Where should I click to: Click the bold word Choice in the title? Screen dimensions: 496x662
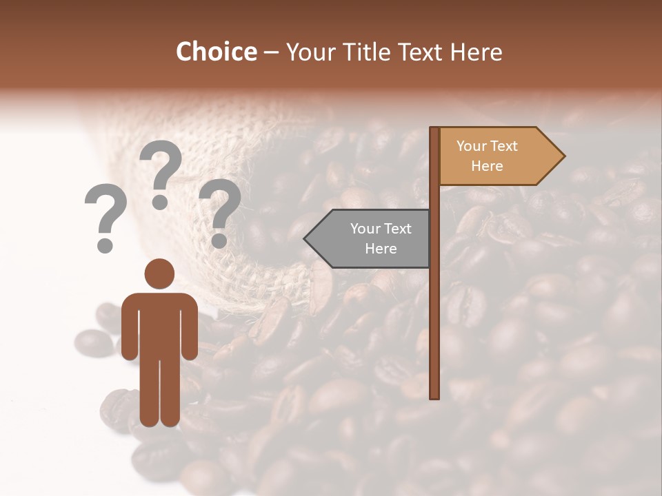click(216, 52)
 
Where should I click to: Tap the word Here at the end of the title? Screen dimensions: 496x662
click(476, 52)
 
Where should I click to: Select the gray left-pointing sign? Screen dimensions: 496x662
click(372, 238)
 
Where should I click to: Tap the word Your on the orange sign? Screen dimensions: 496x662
click(471, 146)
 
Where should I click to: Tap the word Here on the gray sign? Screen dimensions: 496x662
click(381, 249)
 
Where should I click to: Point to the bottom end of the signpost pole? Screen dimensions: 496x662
click(434, 395)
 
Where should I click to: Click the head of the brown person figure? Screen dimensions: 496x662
click(159, 273)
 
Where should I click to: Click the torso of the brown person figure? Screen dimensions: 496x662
click(159, 324)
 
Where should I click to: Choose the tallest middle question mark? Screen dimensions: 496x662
click(161, 172)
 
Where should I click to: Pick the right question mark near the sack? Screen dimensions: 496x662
click(220, 210)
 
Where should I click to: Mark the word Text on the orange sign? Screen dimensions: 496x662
click(505, 146)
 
